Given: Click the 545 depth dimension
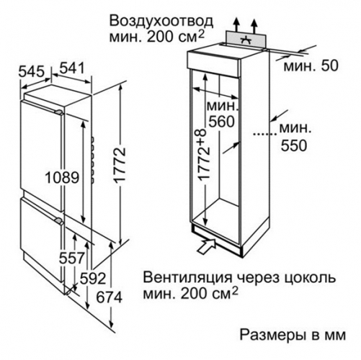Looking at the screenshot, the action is [32, 71].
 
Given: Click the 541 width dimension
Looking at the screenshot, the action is [72, 68].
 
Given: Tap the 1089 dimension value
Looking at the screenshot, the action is [62, 178].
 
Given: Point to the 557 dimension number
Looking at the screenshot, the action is [72, 258].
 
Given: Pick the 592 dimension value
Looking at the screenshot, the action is [93, 279].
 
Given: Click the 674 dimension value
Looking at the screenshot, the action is [110, 297].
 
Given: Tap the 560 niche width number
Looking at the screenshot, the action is [221, 122].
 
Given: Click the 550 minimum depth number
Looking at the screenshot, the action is [294, 145].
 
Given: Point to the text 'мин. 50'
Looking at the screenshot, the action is [311, 66].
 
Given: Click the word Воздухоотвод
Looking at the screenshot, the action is [161, 22].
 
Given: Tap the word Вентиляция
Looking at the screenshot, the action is [188, 278].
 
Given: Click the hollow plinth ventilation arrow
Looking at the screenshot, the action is [206, 245].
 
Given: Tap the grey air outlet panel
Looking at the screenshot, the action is [246, 39].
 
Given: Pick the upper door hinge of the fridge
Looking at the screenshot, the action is [59, 112].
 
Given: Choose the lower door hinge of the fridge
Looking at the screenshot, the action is [59, 221].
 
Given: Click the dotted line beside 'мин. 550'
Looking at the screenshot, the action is [265, 135].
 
